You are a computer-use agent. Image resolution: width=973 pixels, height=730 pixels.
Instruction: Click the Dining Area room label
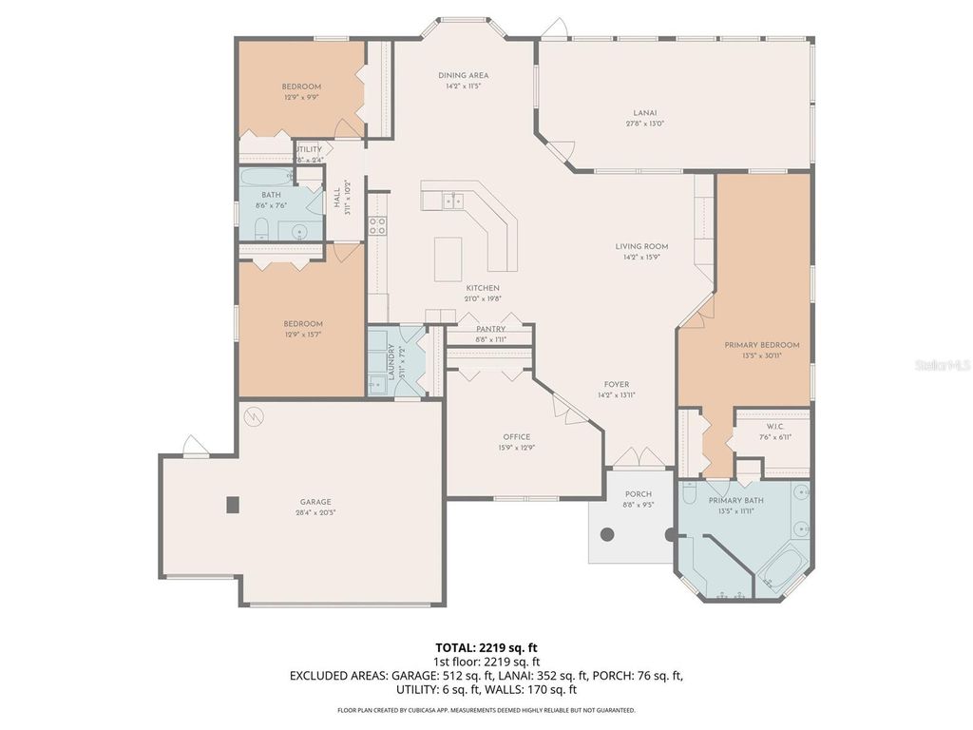tap(464, 75)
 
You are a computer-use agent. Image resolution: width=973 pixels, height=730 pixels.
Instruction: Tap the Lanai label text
tap(644, 112)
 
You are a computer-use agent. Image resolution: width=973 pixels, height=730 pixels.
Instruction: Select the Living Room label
tap(641, 246)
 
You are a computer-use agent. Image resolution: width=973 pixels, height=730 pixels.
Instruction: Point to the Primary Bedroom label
tap(761, 345)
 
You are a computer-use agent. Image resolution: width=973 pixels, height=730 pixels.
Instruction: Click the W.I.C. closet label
tap(771, 425)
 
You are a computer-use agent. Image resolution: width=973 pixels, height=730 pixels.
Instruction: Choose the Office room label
tap(517, 437)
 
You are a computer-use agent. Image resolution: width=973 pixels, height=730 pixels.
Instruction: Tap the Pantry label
tap(490, 329)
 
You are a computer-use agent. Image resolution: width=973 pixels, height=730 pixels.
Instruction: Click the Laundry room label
tap(391, 361)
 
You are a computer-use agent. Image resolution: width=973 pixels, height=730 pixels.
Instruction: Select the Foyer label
tap(616, 385)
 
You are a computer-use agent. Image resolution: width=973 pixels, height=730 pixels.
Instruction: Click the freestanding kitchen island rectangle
tap(448, 259)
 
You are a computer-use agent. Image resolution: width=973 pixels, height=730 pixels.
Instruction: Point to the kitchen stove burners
tap(377, 226)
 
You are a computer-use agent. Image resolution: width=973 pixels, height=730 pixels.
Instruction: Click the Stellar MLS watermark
tap(941, 364)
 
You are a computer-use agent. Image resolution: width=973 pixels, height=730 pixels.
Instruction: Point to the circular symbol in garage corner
tap(254, 415)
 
